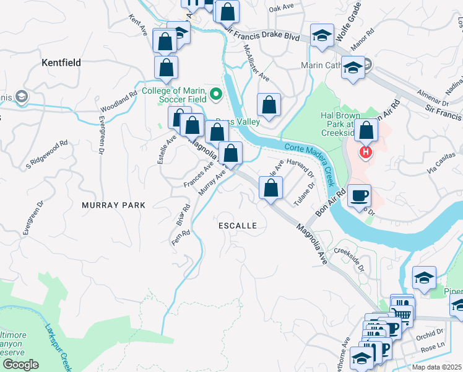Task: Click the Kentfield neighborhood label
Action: click(x=61, y=63)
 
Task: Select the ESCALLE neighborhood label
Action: click(x=238, y=226)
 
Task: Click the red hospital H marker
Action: click(x=366, y=151)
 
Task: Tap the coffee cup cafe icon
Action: click(x=359, y=197)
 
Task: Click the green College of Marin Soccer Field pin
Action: click(x=216, y=94)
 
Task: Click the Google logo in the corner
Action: click(x=21, y=365)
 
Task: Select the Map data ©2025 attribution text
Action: click(x=436, y=367)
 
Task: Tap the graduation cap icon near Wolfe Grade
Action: click(x=322, y=37)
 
